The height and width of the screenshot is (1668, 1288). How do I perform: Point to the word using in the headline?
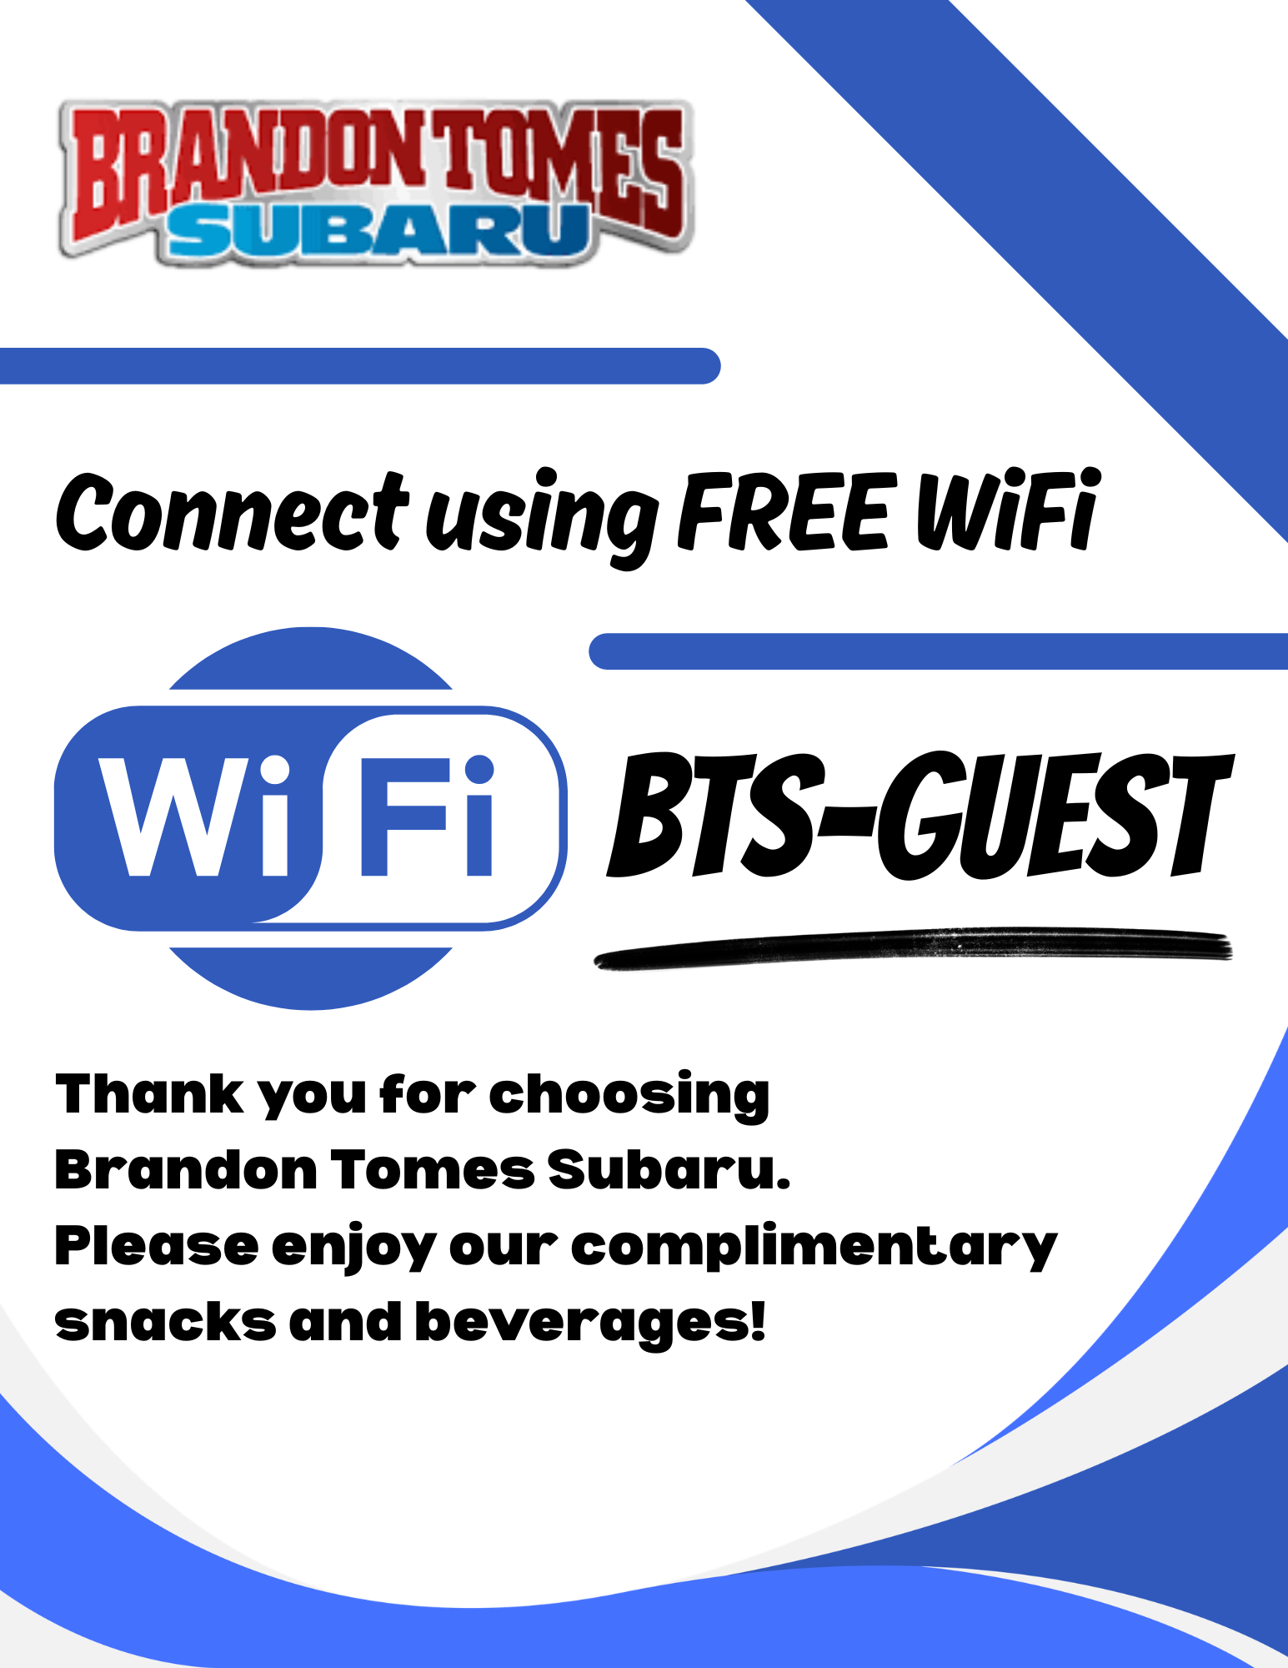coord(542,517)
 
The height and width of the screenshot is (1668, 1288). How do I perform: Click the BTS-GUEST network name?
coord(920,815)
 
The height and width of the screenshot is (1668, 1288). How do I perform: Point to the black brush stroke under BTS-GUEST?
coord(913,948)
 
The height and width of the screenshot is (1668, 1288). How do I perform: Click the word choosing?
coord(629,1097)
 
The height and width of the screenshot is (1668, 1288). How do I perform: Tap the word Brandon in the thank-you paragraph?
coord(186,1169)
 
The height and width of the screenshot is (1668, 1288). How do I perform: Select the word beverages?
coord(590,1324)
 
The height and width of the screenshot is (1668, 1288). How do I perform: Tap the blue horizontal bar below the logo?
coord(360,366)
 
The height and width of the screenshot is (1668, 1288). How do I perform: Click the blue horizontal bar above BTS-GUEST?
coord(938,651)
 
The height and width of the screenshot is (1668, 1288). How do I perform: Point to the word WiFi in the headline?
coord(1009,510)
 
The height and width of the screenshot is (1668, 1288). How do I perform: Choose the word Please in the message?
coord(157,1246)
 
